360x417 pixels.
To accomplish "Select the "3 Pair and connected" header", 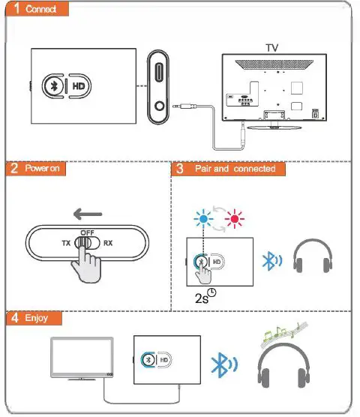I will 224,169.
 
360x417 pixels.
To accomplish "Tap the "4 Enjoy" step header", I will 31,318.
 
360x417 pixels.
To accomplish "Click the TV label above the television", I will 271,47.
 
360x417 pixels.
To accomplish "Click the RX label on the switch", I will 108,243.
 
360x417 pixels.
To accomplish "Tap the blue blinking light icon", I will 203,218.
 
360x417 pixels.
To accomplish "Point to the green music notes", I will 283,331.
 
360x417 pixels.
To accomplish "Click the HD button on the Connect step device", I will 79,86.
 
